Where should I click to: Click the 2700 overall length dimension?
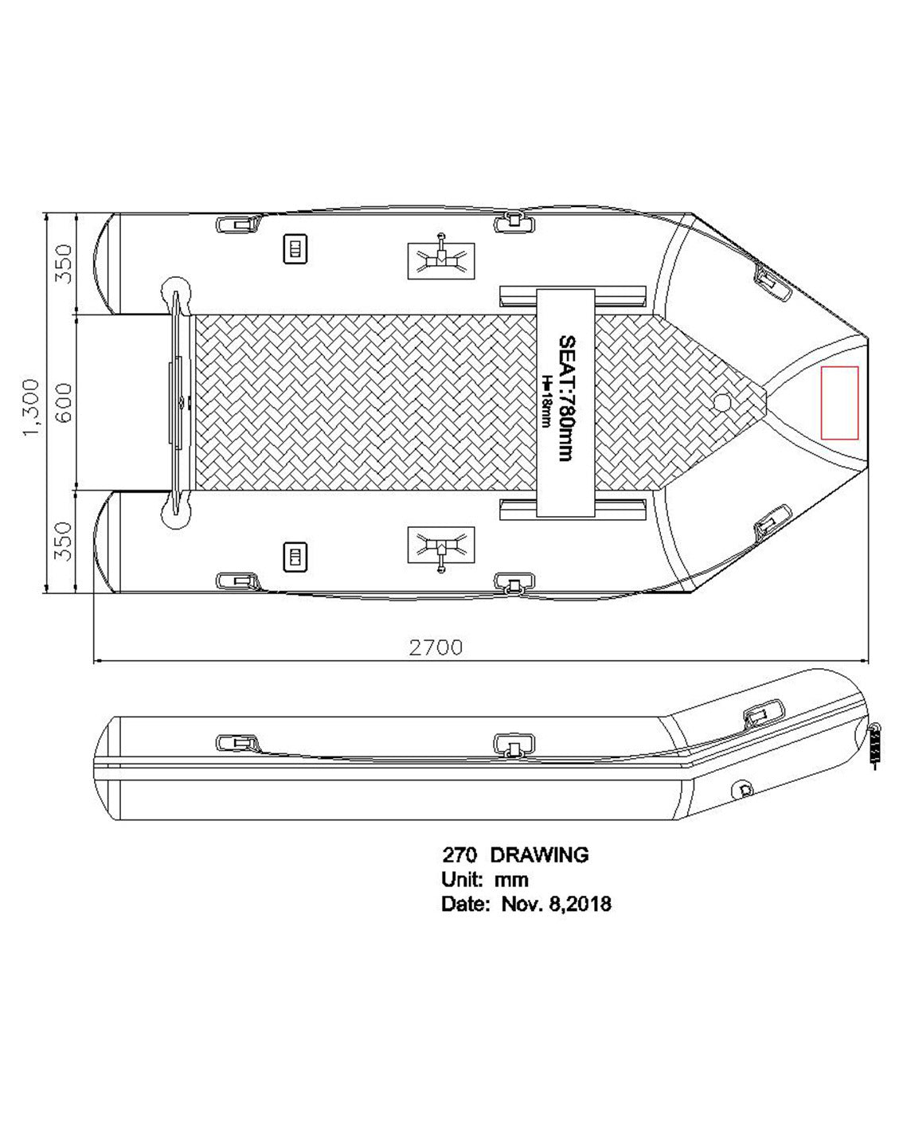pos(436,647)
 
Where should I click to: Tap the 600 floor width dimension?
pos(63,403)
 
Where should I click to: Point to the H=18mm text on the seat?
pos(547,401)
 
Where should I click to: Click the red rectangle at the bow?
pos(840,402)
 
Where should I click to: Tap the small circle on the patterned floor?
pos(722,402)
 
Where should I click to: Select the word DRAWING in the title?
pos(539,855)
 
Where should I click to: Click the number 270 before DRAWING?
pos(460,855)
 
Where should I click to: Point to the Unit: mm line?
pos(485,880)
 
